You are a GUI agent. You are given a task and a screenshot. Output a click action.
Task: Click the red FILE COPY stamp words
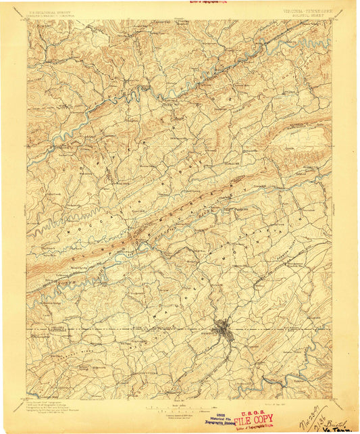pos(253,418)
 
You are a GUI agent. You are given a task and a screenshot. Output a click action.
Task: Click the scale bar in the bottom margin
pos(180,408)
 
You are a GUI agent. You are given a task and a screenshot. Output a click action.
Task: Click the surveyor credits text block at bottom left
pos(51,406)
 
